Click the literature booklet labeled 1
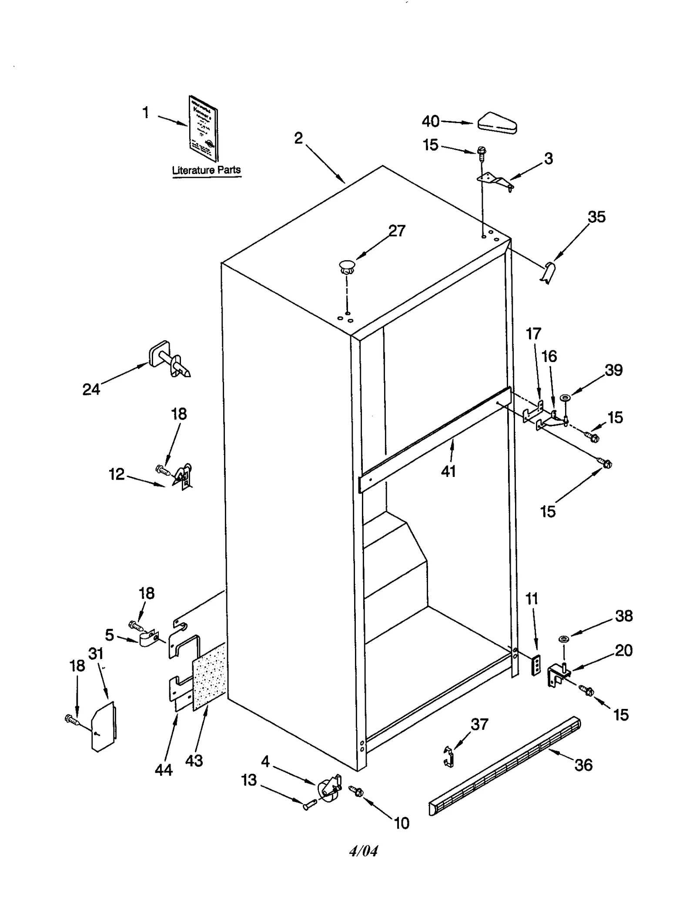[203, 128]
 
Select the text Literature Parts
[206, 170]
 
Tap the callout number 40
[430, 121]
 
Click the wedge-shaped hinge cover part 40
[497, 123]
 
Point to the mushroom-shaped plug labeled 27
[346, 266]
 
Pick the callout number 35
[596, 217]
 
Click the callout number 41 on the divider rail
[448, 471]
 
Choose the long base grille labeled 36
[505, 766]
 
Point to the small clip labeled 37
[448, 756]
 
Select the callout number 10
[401, 823]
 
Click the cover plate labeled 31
[104, 725]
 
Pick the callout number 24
[91, 389]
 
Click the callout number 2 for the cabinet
[298, 138]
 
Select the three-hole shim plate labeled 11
[537, 665]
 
